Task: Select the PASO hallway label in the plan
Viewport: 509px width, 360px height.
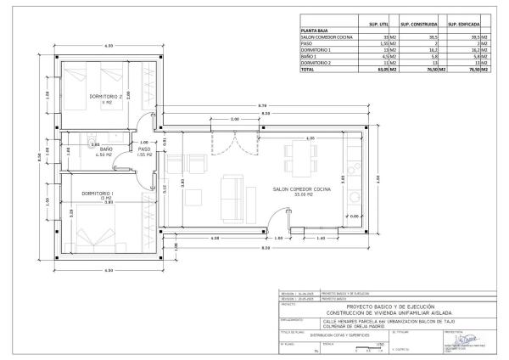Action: pyautogui.click(x=144, y=149)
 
